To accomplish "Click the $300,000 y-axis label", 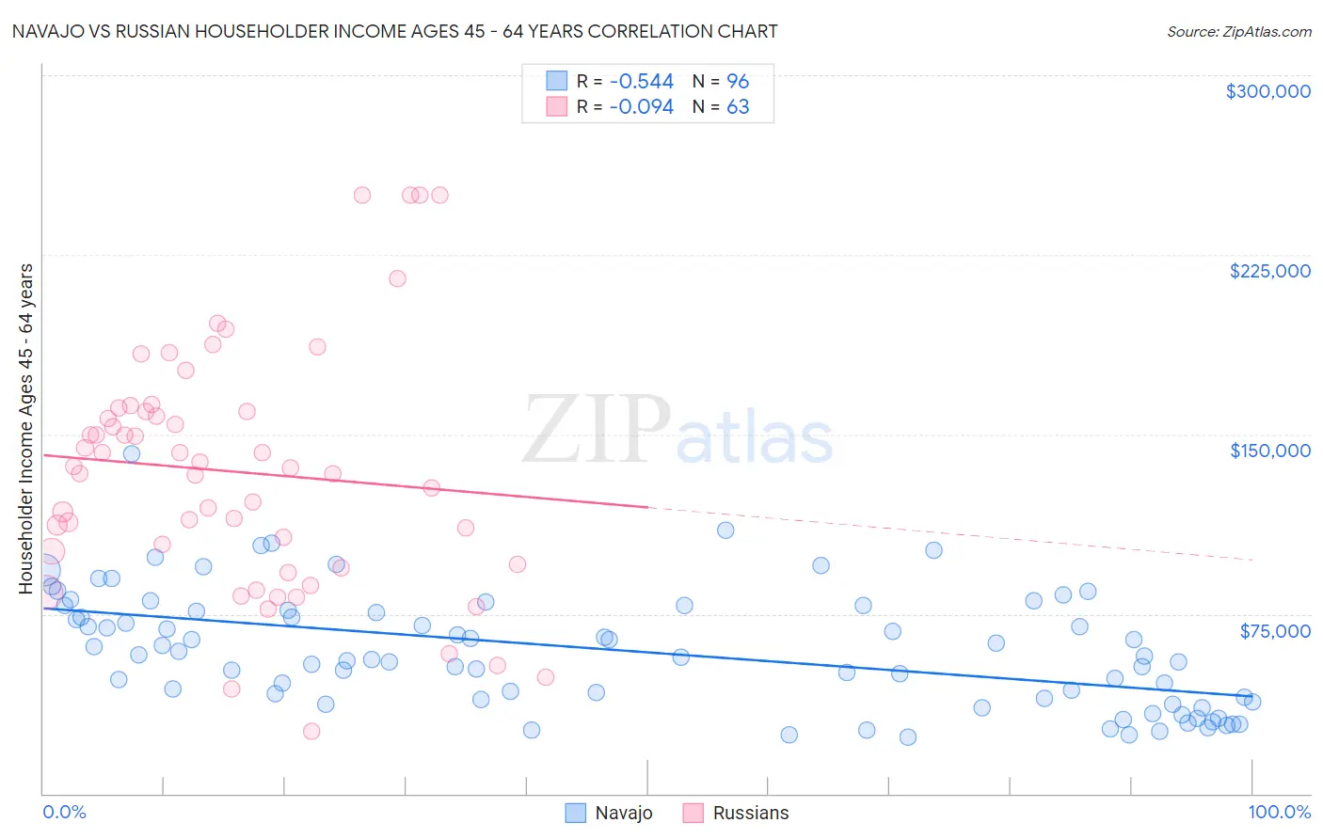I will pyautogui.click(x=1267, y=91).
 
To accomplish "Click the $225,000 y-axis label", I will pyautogui.click(x=1269, y=271).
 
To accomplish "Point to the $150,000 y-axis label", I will pyautogui.click(x=1269, y=451).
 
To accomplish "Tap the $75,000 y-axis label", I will pyautogui.click(x=1274, y=631).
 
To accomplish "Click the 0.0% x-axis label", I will pyautogui.click(x=64, y=812).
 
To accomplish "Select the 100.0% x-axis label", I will pyautogui.click(x=1279, y=812).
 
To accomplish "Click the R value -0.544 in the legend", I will pyautogui.click(x=641, y=82).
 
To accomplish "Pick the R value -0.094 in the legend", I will pyautogui.click(x=641, y=107).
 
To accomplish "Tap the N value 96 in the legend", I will pyautogui.click(x=738, y=82).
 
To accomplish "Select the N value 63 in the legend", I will pyautogui.click(x=738, y=107).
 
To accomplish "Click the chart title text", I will pyautogui.click(x=394, y=31).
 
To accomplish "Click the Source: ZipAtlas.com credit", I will pyautogui.click(x=1238, y=31).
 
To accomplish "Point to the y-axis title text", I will pyautogui.click(x=26, y=429).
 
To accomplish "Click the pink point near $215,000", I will pyautogui.click(x=397, y=278).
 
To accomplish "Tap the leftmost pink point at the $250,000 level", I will pyautogui.click(x=362, y=196).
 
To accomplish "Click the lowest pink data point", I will pyautogui.click(x=311, y=731).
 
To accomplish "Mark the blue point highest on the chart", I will pyautogui.click(x=132, y=453).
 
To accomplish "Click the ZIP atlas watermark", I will pyautogui.click(x=677, y=431).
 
